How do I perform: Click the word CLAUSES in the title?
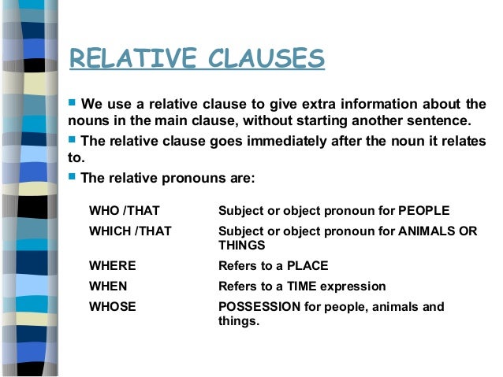click(265, 58)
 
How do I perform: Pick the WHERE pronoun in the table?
click(114, 265)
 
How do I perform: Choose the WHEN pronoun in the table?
click(109, 286)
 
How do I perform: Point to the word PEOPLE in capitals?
click(423, 211)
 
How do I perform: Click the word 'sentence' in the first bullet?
click(439, 121)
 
